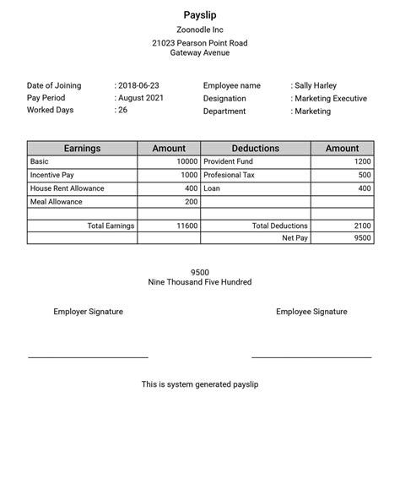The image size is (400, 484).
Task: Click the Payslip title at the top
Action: tap(200, 14)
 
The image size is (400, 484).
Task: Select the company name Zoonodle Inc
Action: tap(200, 30)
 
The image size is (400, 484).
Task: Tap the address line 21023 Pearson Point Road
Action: tap(200, 43)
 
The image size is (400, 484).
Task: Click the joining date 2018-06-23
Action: tap(138, 86)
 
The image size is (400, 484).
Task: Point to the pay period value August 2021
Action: tap(141, 98)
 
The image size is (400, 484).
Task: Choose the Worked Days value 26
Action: tap(122, 110)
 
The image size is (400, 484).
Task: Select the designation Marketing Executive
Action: tap(330, 99)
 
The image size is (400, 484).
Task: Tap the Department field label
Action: tap(224, 111)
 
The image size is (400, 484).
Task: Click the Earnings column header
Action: tap(82, 149)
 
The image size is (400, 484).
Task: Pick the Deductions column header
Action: tap(255, 149)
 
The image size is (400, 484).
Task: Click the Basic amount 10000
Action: tap(186, 161)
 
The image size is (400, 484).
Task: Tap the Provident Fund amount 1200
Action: tap(361, 161)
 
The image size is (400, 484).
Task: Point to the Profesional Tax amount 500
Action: tap(364, 175)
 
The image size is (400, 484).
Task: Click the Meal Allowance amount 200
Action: tap(191, 202)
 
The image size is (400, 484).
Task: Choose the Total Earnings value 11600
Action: tap(186, 226)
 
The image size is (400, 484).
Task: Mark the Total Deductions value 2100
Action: tap(361, 226)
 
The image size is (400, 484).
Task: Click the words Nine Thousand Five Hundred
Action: tap(200, 282)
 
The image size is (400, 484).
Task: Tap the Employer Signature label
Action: tap(88, 312)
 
